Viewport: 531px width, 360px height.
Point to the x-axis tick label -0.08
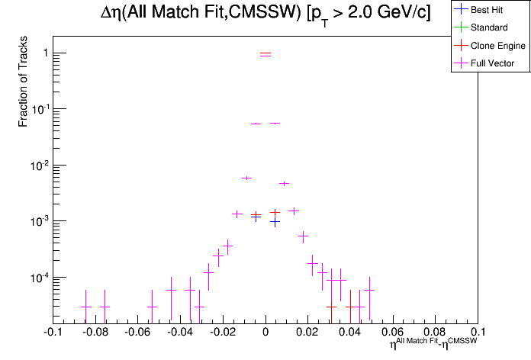95,333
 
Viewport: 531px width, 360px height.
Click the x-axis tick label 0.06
393,333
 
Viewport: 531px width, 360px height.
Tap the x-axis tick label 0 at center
265,333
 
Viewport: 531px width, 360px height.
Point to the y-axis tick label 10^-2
39,165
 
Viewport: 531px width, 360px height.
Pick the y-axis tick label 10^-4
39,277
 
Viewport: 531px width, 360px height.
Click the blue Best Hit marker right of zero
275,222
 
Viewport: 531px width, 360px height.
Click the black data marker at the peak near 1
265,54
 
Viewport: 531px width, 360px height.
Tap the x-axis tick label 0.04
351,333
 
